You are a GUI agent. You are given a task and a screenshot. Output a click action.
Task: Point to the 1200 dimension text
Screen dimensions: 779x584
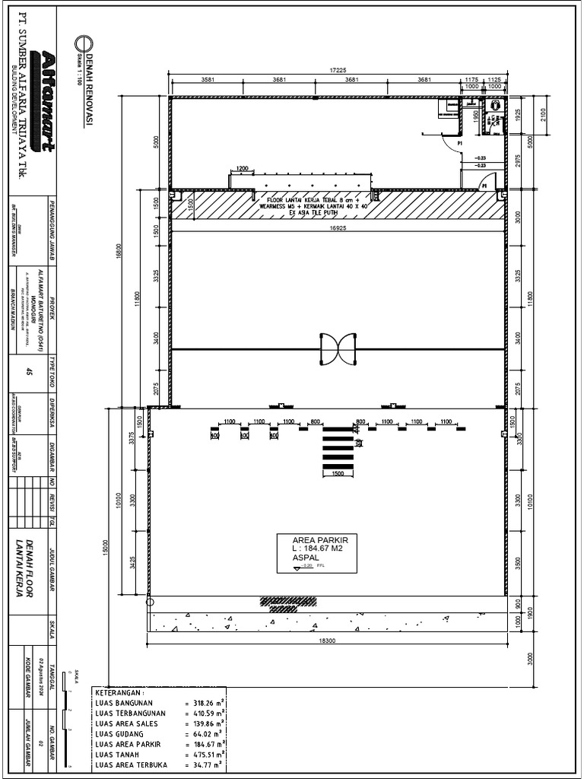coord(242,168)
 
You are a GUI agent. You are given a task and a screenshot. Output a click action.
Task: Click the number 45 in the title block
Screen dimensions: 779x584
coord(30,372)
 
